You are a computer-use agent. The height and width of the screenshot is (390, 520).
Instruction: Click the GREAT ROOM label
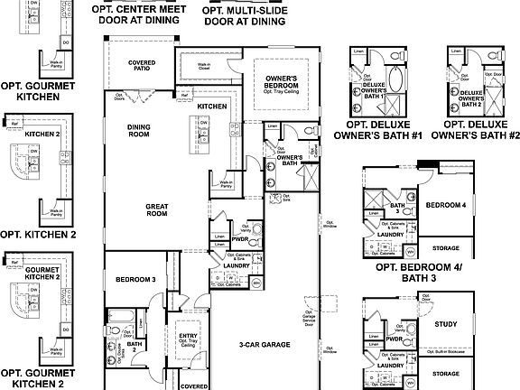click(157, 209)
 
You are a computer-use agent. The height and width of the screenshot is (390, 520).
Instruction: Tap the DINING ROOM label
click(138, 132)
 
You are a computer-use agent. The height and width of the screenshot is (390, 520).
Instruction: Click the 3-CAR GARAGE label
click(258, 344)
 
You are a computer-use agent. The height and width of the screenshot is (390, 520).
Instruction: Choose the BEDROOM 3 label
click(135, 281)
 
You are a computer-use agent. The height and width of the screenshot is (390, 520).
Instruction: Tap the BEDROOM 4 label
click(446, 205)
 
